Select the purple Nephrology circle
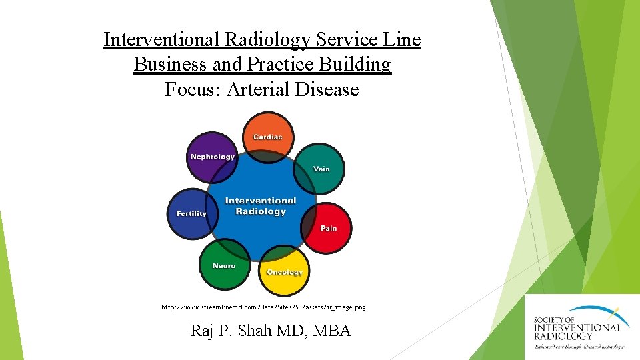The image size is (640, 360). click(212, 157)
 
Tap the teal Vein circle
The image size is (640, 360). click(320, 169)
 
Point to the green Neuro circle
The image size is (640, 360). click(225, 265)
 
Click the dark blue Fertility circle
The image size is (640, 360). click(191, 213)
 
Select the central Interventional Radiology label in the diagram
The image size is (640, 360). click(261, 206)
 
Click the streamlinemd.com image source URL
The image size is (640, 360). click(263, 307)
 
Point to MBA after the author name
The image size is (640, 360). click(331, 330)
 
